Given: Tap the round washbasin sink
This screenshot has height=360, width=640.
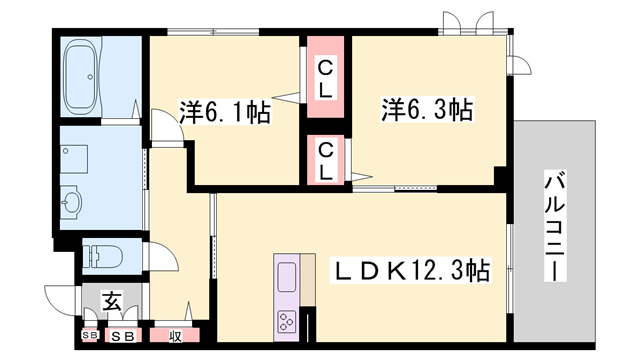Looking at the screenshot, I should (71, 203).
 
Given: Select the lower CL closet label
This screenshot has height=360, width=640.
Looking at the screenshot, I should (326, 160).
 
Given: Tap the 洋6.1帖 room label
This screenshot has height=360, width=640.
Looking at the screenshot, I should (225, 113).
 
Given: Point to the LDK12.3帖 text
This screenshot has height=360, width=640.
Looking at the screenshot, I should (410, 270).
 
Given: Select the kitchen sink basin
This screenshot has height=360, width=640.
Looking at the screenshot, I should (285, 275).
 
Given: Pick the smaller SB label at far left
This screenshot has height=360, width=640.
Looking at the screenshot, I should (89, 336).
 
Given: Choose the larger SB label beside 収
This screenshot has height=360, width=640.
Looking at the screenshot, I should (123, 337).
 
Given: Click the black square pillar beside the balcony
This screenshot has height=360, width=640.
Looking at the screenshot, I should (501, 177).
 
